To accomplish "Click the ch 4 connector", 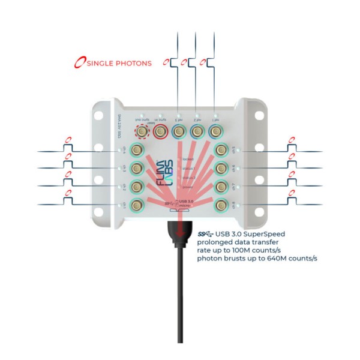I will pos(137,149).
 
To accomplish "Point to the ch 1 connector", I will pos(137,205).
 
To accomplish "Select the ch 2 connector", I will pos(137,186).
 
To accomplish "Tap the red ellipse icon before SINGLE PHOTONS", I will pos(78,62).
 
